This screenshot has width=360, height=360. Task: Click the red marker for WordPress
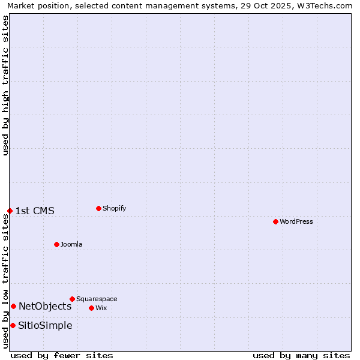(x=275, y=221)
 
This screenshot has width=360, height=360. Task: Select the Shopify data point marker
(x=98, y=208)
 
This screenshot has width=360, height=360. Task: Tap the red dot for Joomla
(x=56, y=244)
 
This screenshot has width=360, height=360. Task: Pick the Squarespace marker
(x=72, y=299)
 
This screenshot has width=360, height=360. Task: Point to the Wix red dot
(x=91, y=308)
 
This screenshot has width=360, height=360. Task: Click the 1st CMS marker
(x=10, y=211)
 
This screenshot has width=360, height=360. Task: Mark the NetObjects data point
(x=13, y=306)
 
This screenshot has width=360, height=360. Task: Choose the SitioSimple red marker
(x=13, y=325)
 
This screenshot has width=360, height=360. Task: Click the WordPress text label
(x=296, y=221)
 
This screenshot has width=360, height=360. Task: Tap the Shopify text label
(x=114, y=208)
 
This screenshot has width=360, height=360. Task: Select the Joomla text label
(x=71, y=244)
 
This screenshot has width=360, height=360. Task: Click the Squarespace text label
(x=97, y=299)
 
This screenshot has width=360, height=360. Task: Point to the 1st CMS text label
(x=35, y=211)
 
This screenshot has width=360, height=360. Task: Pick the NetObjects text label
(x=45, y=306)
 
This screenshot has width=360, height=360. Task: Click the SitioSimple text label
(x=45, y=325)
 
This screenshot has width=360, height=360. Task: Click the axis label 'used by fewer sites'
(x=62, y=355)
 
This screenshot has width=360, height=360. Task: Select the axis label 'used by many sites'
(x=301, y=355)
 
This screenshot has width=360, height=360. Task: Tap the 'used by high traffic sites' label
(x=5, y=85)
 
